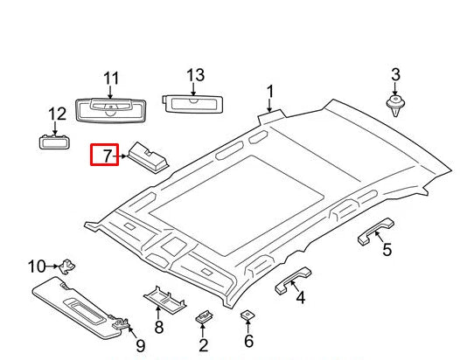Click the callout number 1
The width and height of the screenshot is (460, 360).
(270, 91)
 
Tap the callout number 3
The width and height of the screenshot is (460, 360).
(394, 74)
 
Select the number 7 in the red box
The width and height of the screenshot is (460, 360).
(107, 157)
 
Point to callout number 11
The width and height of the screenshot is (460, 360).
(111, 80)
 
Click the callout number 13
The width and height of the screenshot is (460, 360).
(194, 74)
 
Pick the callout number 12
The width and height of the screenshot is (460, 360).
(57, 114)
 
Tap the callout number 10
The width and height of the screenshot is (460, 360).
(37, 266)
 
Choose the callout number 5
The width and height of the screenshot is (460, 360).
(387, 251)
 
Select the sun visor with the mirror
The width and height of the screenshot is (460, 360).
(79, 306)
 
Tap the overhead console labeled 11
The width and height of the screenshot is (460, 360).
(110, 109)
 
